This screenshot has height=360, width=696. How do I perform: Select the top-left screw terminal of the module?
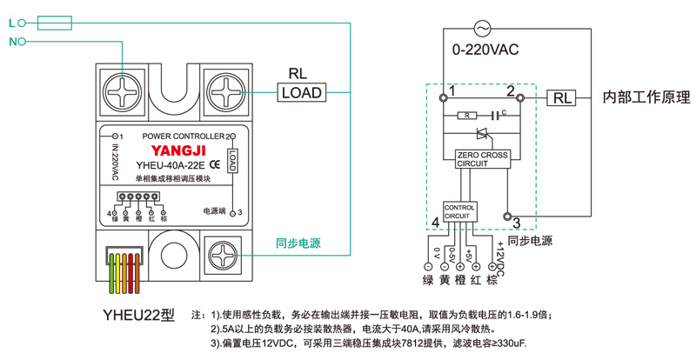(121, 90)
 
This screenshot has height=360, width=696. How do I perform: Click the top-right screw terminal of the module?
(224, 90)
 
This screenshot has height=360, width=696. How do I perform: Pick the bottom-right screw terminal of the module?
(224, 255)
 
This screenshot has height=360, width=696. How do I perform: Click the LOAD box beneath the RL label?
(302, 92)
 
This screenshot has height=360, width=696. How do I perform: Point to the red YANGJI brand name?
(169, 150)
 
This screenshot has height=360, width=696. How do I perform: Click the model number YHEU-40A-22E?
(171, 164)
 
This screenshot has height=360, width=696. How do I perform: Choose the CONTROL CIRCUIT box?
(460, 211)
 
